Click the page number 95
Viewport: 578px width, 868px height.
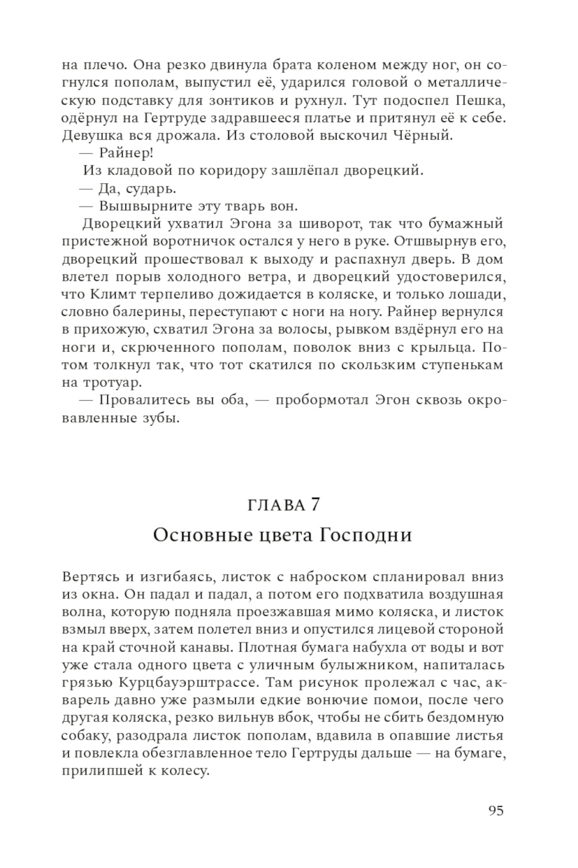tap(496, 811)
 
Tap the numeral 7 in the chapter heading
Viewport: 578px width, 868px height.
tap(314, 505)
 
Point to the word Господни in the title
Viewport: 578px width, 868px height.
tap(366, 535)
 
